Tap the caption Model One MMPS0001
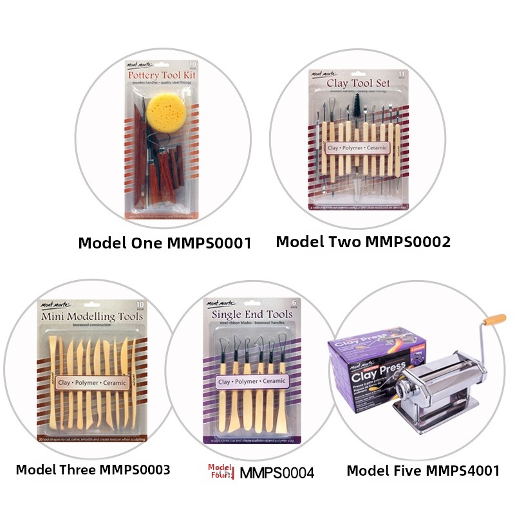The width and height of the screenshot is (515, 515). pyautogui.click(x=164, y=243)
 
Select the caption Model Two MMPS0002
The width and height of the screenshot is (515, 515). pyautogui.click(x=363, y=241)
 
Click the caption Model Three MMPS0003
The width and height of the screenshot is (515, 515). pyautogui.click(x=93, y=469)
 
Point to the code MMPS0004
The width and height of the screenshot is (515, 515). pyautogui.click(x=277, y=473)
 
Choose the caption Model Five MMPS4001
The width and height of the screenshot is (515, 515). pyautogui.click(x=423, y=471)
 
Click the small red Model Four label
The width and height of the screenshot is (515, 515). pyautogui.click(x=220, y=471)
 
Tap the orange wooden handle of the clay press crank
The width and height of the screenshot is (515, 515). pyautogui.click(x=494, y=319)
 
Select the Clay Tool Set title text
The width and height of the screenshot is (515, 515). pyautogui.click(x=359, y=83)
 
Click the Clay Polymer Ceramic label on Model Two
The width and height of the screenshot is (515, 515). pyautogui.click(x=357, y=148)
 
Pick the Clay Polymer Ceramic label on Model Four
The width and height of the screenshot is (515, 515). pyautogui.click(x=252, y=381)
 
